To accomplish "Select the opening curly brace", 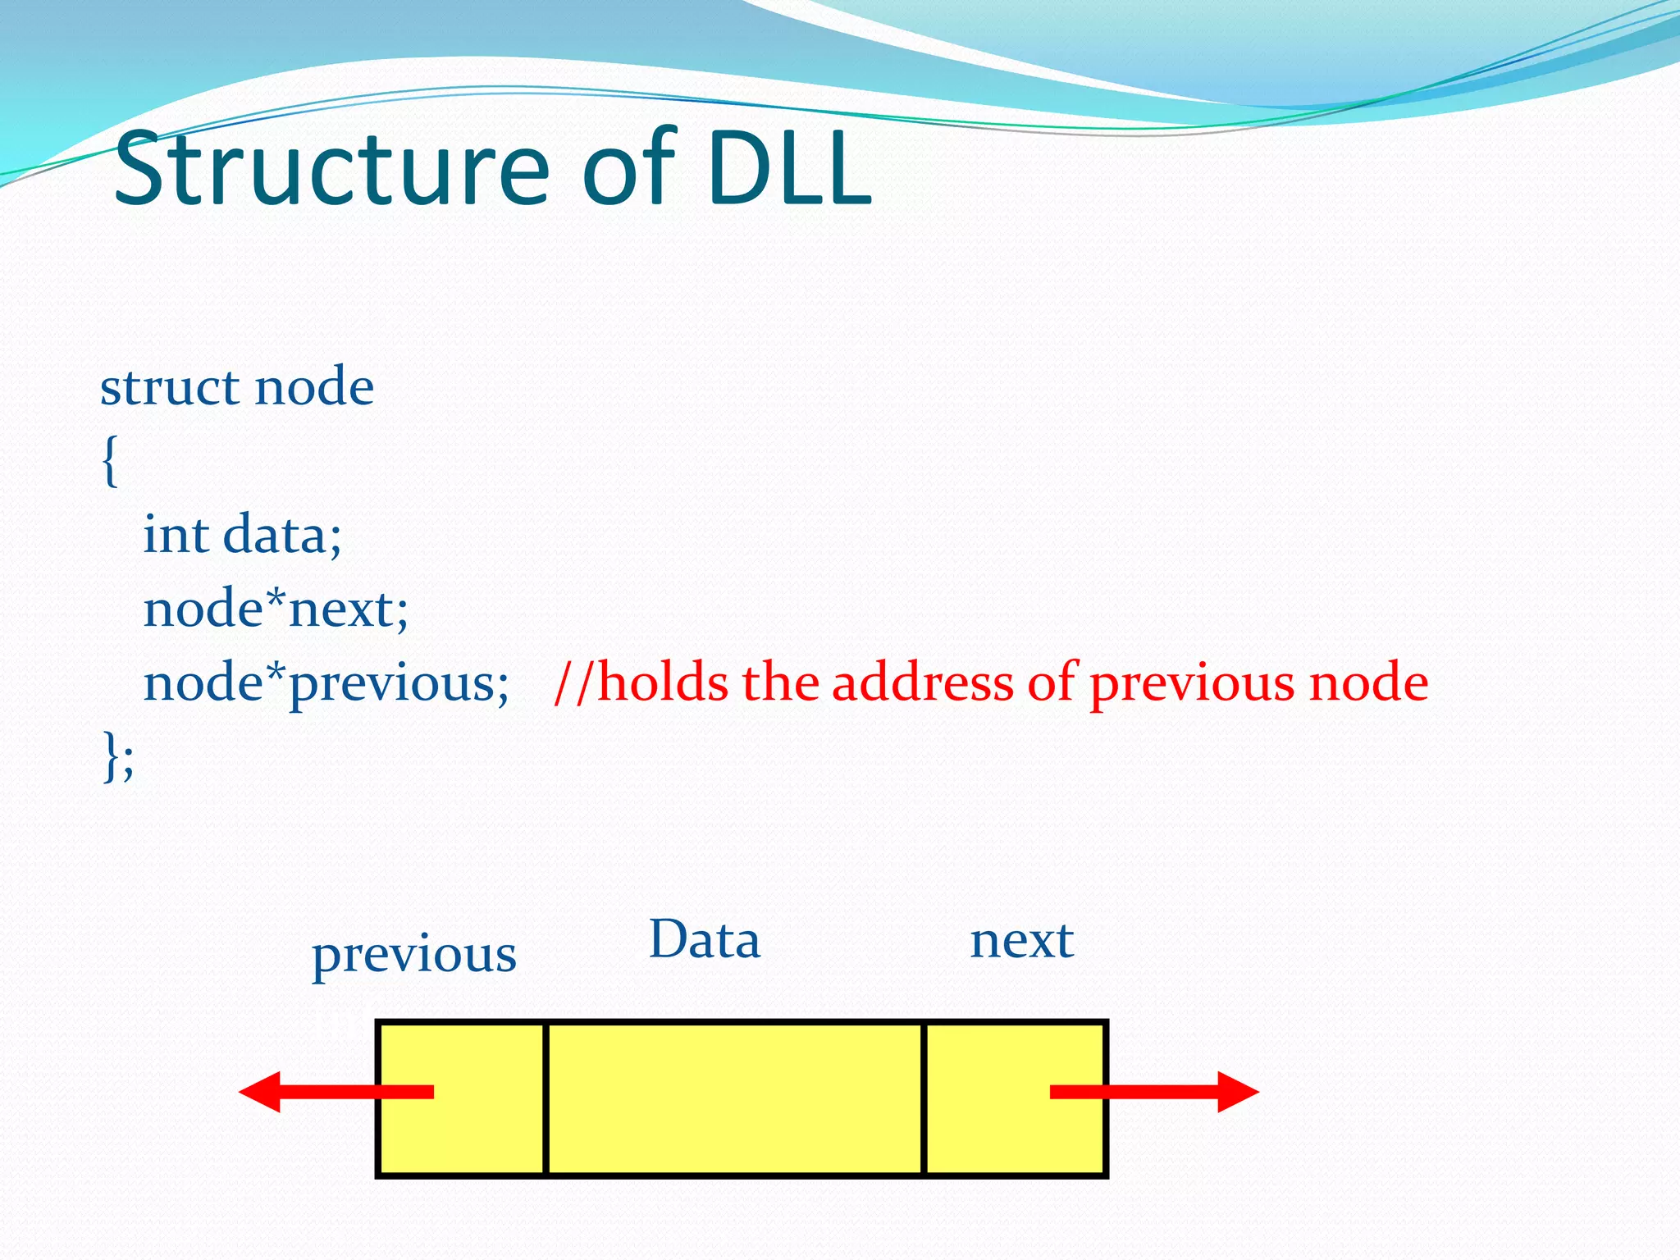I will click(x=110, y=461).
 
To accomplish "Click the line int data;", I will click(x=242, y=535).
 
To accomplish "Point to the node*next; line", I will click(x=276, y=609).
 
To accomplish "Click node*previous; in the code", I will click(x=326, y=683).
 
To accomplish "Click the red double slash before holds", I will click(x=573, y=682).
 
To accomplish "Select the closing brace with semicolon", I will click(x=117, y=756).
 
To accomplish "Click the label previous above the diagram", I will click(x=414, y=955).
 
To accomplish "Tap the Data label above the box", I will click(x=705, y=940).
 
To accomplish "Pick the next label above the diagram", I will click(x=1021, y=941).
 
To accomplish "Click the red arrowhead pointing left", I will click(x=261, y=1092).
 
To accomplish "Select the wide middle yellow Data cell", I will click(x=734, y=1099).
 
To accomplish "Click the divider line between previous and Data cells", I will click(x=546, y=1099).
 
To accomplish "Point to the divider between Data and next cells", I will click(x=924, y=1099).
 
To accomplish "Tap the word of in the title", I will click(x=628, y=170).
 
